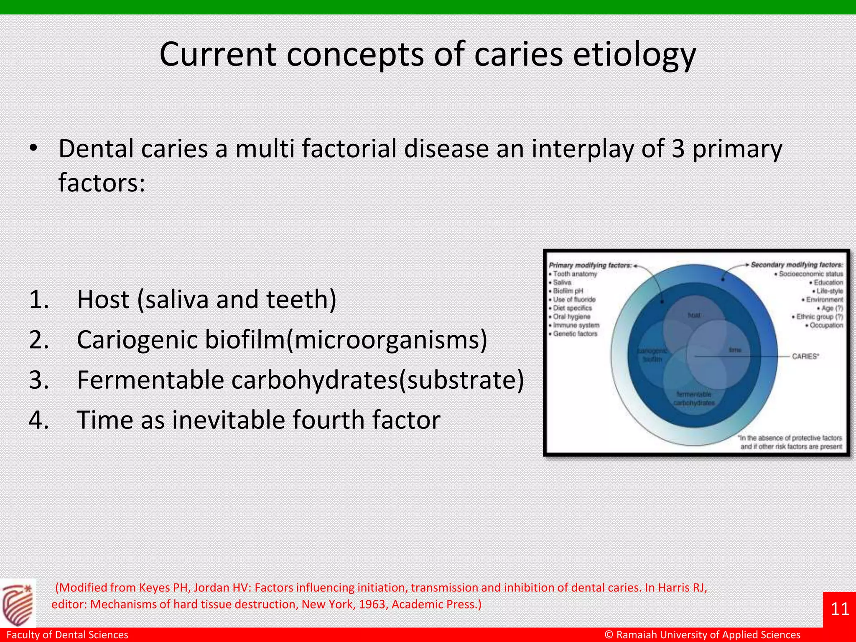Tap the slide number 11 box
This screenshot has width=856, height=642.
coord(839,609)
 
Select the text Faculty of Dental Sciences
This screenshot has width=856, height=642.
coord(67,634)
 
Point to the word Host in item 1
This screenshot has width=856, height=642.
coord(103,300)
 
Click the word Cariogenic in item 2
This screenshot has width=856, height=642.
coord(137,339)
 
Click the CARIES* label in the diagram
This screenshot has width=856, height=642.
coord(805,356)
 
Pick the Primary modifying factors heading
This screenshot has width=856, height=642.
coord(590,265)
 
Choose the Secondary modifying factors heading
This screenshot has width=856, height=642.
coord(797,265)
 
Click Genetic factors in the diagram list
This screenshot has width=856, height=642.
coord(575,334)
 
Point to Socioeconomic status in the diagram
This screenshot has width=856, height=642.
coord(810,274)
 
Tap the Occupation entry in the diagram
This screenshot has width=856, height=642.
coord(826,325)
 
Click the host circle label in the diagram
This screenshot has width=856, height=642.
coord(694,315)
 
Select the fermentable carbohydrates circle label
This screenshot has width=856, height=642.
coord(694,398)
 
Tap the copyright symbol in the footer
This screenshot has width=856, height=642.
coord(609,634)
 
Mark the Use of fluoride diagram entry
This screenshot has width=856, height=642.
coord(574,299)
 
